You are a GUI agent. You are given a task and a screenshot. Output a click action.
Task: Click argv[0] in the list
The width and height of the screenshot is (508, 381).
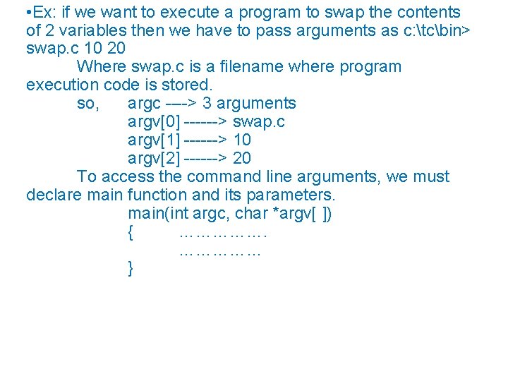pyautogui.click(x=153, y=122)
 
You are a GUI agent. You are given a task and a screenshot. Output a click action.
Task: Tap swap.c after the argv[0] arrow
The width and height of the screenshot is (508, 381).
pyautogui.click(x=258, y=122)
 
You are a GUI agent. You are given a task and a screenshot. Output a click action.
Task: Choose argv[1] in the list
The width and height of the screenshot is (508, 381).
pyautogui.click(x=153, y=140)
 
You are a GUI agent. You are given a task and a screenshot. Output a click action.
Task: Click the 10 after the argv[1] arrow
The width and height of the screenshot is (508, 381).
pyautogui.click(x=242, y=140)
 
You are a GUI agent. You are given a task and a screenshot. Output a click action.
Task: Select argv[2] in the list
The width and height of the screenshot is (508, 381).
pyautogui.click(x=153, y=159)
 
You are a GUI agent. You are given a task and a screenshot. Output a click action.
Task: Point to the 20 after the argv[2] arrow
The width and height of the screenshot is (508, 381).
pyautogui.click(x=242, y=159)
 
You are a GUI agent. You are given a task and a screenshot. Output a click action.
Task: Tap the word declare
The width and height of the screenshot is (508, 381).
pyautogui.click(x=54, y=195)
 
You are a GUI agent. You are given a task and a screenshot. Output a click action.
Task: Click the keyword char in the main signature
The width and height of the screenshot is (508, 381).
pyautogui.click(x=251, y=213)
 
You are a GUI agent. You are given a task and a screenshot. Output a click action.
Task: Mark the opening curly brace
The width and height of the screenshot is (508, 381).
pyautogui.click(x=131, y=232)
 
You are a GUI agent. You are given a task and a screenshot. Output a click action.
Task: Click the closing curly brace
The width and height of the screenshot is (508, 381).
pyautogui.click(x=131, y=269)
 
